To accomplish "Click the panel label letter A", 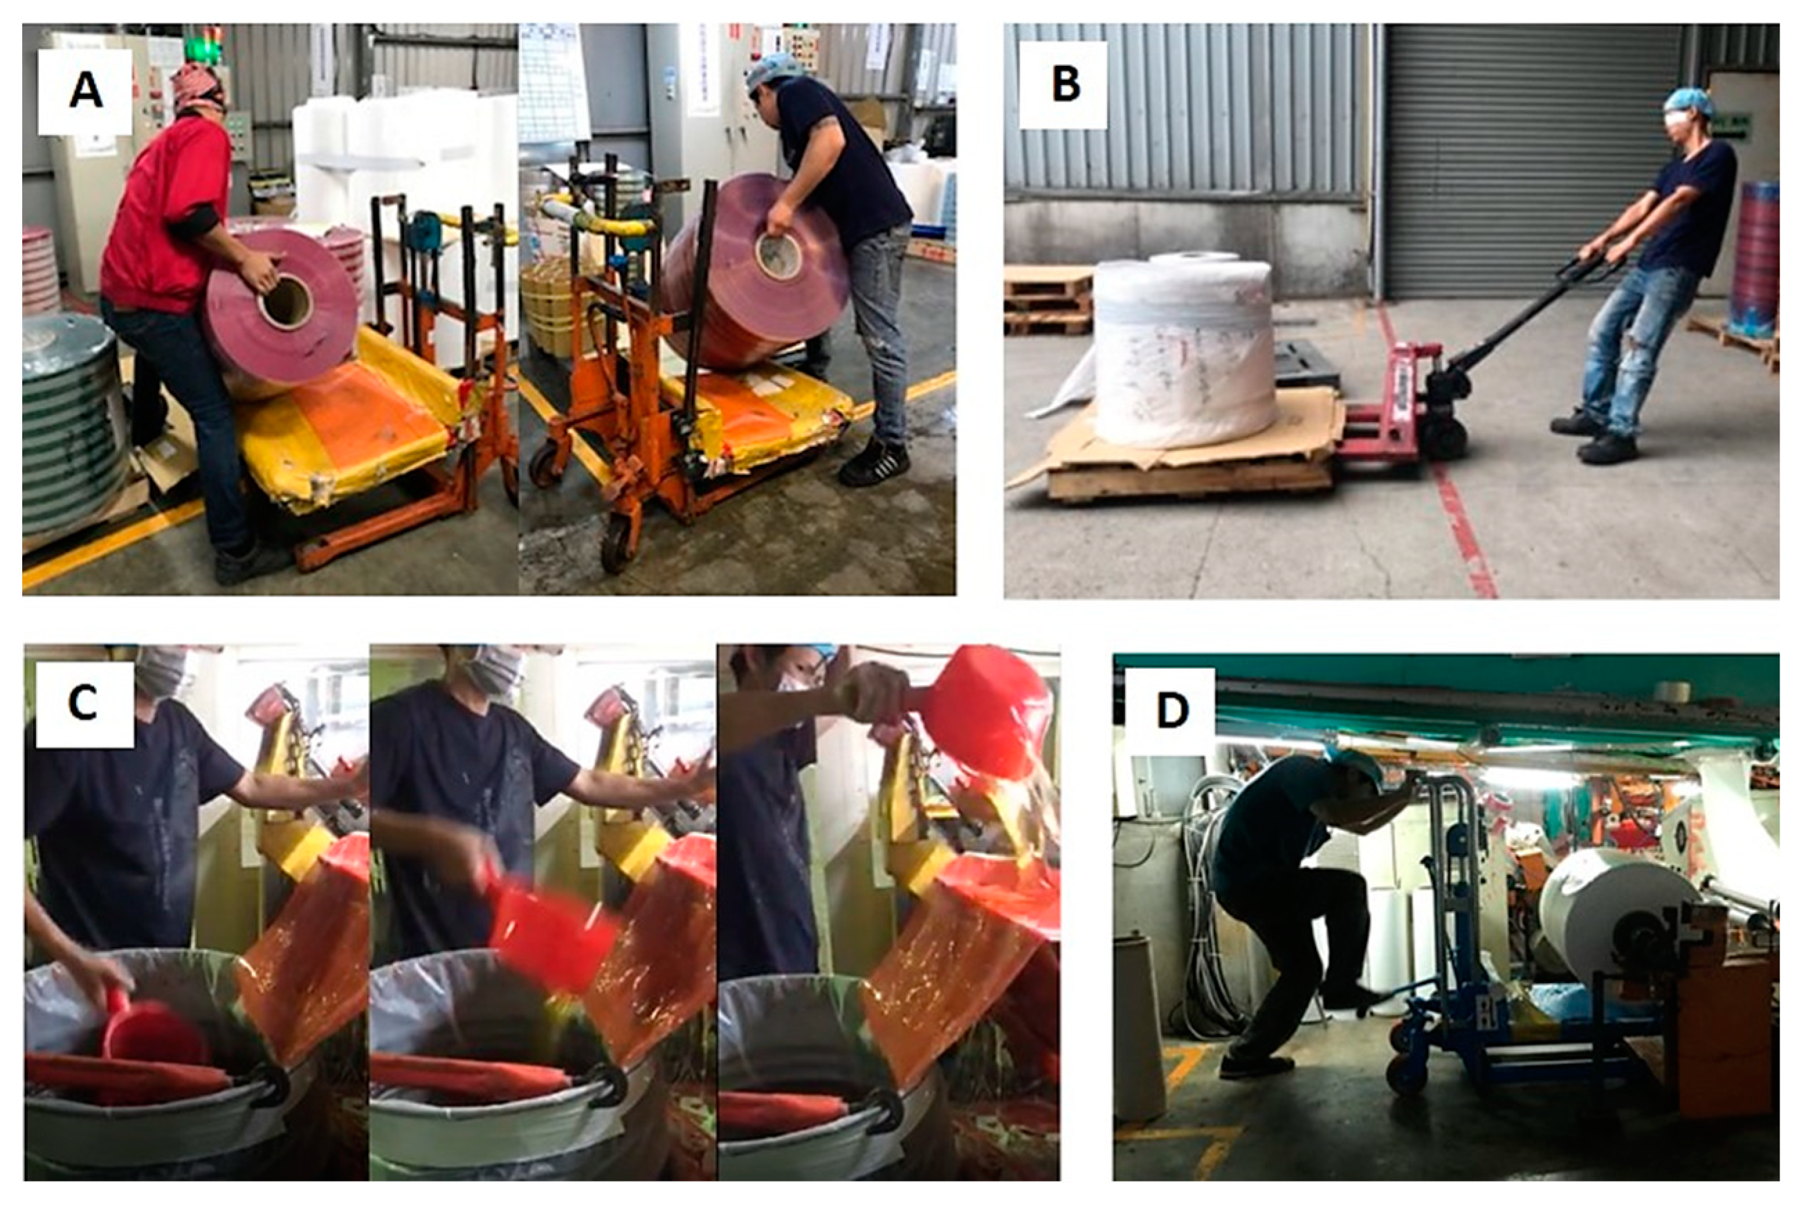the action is [x=85, y=91].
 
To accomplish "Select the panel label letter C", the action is [x=82, y=701].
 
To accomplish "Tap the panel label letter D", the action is [x=1173, y=711].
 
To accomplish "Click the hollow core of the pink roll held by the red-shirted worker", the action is [x=285, y=300].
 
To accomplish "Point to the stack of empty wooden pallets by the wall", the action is [x=1047, y=300].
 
